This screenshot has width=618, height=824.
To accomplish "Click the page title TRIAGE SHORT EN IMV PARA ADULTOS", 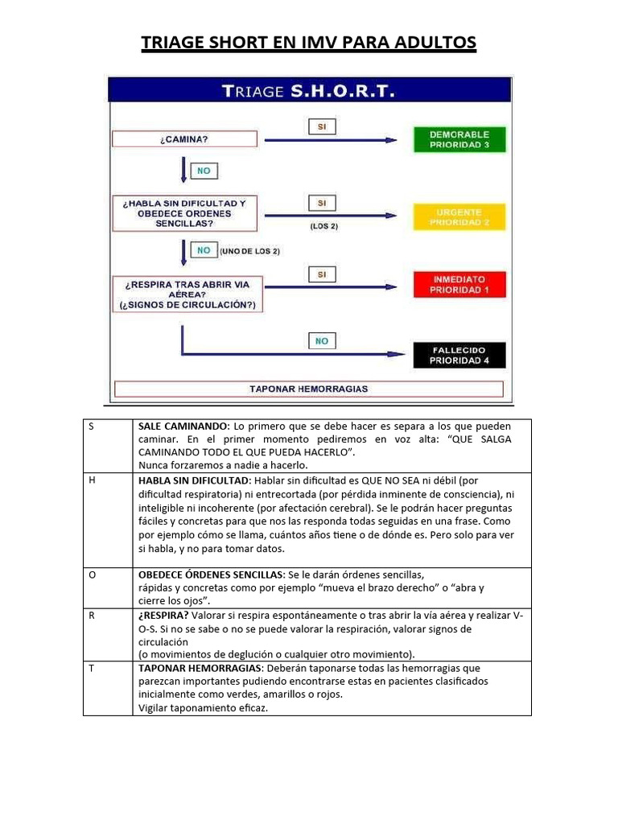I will point(309,42).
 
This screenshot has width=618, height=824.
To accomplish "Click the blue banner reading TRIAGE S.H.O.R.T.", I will point(309,90).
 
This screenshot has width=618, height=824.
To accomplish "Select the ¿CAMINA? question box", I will point(183,139).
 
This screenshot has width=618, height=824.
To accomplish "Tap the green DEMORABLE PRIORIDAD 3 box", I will point(459,139).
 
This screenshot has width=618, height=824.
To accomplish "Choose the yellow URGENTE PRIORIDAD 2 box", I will point(459,216).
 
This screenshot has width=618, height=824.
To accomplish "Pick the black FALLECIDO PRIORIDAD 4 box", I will point(459,355).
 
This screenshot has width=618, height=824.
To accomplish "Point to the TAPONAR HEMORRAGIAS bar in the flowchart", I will point(308,389).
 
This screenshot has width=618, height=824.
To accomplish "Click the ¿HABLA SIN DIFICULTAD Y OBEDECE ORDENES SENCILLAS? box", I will point(183,213).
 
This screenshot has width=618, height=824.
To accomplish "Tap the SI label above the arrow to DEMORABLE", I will point(321,127).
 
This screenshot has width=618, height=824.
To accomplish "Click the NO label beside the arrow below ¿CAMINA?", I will point(204,171).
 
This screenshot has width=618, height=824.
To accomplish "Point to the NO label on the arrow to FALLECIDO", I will point(321,341).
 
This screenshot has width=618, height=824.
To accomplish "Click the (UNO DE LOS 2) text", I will point(249,252).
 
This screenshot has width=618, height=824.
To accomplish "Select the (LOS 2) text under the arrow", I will point(323,226).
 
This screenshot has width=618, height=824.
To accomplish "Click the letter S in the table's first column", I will point(92,426).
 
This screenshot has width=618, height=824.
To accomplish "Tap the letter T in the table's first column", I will point(92,669).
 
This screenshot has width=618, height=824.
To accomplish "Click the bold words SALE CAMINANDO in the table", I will point(183,426).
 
